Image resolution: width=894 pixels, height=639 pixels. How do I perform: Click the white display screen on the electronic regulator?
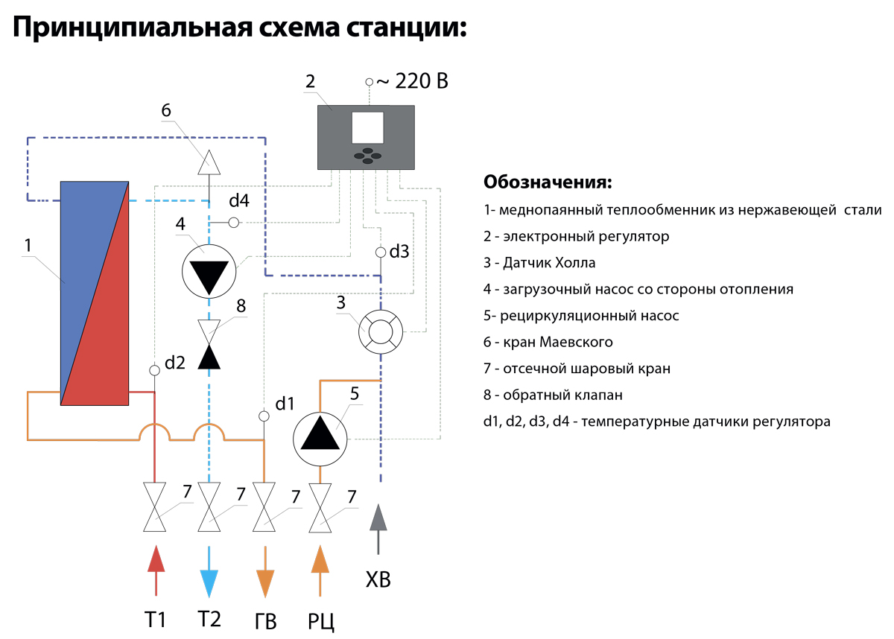click(x=367, y=127)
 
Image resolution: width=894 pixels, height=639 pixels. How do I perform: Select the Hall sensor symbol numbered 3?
click(x=381, y=332)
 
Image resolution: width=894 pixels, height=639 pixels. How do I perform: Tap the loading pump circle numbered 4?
click(x=209, y=271)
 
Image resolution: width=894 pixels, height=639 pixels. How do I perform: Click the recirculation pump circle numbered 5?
click(x=320, y=439)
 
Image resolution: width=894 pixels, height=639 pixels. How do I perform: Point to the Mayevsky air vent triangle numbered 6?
click(x=209, y=162)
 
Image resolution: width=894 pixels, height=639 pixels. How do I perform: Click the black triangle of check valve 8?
click(x=209, y=357)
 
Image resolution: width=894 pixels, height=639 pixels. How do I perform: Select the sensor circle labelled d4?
click(x=234, y=223)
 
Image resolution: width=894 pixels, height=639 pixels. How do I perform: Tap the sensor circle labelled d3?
click(x=381, y=252)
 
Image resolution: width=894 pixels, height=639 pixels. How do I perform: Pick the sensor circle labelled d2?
click(x=154, y=371)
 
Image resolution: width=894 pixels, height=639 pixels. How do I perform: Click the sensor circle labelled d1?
click(x=264, y=416)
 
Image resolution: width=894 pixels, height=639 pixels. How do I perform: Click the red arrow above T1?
click(x=156, y=570)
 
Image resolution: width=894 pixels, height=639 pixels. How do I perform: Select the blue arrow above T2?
click(x=209, y=572)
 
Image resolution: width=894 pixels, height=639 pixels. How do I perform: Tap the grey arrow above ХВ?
click(x=378, y=529)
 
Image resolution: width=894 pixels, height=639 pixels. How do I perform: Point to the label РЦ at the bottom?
click(x=320, y=621)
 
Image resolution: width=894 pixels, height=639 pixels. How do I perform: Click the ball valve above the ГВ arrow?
click(x=264, y=507)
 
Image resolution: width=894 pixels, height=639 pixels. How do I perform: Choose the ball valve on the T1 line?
click(x=154, y=507)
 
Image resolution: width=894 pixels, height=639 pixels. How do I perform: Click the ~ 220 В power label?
click(x=412, y=81)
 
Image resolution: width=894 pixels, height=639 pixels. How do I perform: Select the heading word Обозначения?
click(x=548, y=182)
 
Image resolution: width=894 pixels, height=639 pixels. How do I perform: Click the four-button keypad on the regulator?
click(x=367, y=156)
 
